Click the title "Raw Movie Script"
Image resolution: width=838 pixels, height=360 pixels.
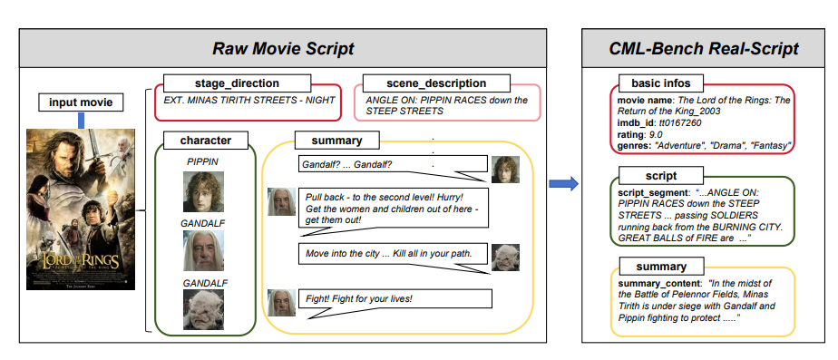(282, 47)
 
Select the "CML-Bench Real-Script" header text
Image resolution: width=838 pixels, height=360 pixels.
(704, 47)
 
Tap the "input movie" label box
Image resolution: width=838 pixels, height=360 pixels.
(82, 102)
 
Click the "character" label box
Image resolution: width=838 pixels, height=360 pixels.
(200, 141)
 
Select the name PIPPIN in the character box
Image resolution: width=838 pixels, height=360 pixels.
(203, 161)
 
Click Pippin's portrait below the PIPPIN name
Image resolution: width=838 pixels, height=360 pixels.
(203, 192)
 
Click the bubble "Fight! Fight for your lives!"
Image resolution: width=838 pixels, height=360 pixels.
(395, 298)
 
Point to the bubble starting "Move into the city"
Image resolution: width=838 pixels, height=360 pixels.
(395, 251)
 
